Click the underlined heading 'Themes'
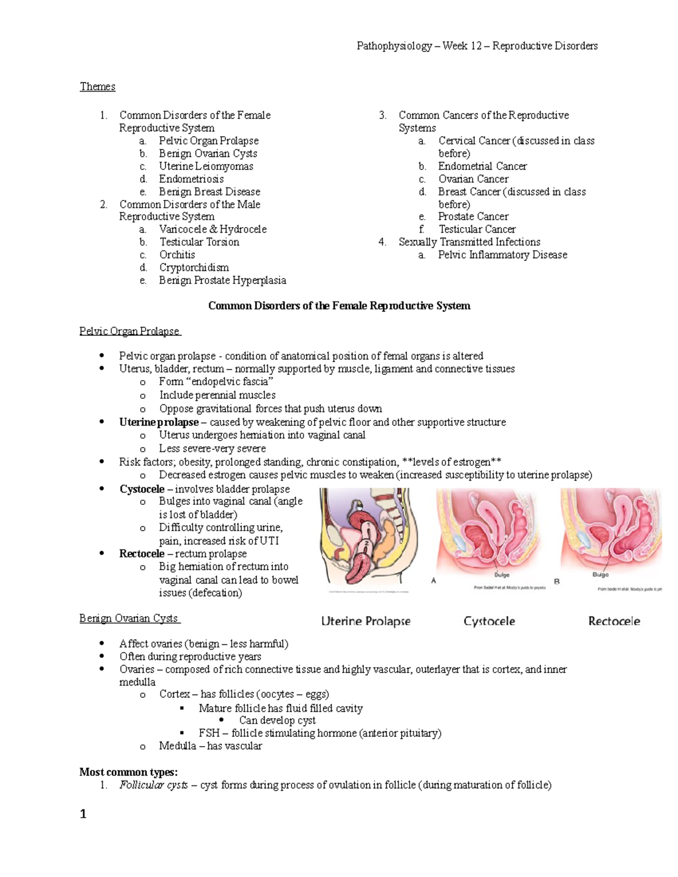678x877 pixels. (97, 86)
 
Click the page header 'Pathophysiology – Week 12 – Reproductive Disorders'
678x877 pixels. (477, 46)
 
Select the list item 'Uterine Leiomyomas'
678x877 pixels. (206, 166)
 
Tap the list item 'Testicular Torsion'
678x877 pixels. (199, 242)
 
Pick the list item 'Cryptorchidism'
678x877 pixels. (194, 267)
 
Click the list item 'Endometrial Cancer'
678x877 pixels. (482, 166)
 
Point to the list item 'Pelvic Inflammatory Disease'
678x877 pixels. (502, 255)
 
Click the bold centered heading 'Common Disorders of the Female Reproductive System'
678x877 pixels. (339, 306)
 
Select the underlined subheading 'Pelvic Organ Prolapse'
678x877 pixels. (129, 331)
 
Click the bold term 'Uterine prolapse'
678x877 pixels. (159, 422)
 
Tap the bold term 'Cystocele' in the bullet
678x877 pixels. (142, 489)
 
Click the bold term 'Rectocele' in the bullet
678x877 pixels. (142, 553)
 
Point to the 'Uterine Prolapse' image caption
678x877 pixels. (366, 621)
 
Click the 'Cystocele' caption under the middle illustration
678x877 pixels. (489, 621)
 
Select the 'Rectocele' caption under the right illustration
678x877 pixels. (614, 621)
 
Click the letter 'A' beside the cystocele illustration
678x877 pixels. (433, 581)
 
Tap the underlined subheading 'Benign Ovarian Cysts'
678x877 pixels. (129, 618)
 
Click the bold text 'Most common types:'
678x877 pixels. (128, 772)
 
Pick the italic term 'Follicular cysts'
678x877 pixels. (153, 785)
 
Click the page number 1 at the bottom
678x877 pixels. (83, 814)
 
